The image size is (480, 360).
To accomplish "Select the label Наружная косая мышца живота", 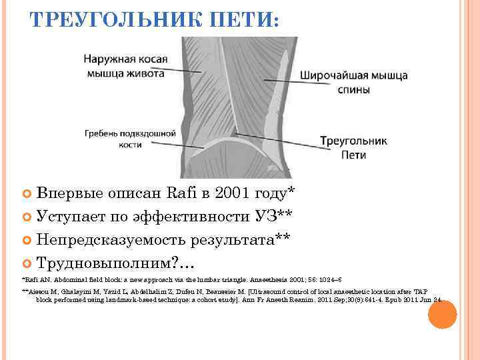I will [x=125, y=67].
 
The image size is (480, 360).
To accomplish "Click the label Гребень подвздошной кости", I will [x=125, y=139].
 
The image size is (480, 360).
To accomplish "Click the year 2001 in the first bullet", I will [x=221, y=194].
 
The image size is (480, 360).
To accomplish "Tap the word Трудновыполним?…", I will [x=111, y=262].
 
